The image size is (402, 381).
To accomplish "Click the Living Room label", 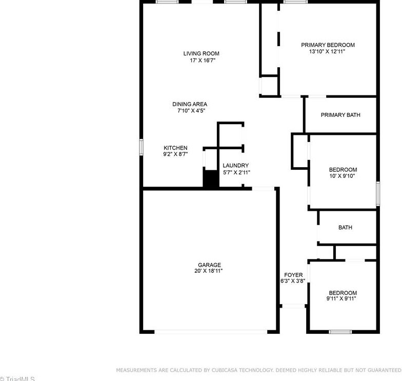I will tap(194, 53).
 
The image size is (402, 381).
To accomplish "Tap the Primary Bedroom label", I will tap(328, 45).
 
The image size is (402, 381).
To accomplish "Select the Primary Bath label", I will tap(340, 115).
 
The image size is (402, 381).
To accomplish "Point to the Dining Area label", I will tap(190, 104).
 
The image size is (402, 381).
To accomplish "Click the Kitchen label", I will tap(175, 148).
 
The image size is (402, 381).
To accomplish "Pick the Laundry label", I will tap(236, 166).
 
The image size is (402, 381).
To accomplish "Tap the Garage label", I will tap(209, 265).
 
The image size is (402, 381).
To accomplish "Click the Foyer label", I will tap(293, 275).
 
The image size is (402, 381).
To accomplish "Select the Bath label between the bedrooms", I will tap(345, 228).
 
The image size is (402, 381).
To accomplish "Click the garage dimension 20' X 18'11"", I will tap(209, 271).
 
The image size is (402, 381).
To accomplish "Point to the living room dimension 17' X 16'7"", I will tap(194, 60).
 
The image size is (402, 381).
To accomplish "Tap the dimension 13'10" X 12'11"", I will tap(328, 51).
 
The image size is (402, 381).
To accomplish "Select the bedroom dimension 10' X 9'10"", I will tap(343, 176).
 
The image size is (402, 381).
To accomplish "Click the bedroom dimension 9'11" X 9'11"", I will tap(341, 298).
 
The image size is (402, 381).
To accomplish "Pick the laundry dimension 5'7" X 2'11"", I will tap(236, 172).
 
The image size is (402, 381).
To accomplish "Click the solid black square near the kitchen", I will tap(211, 179).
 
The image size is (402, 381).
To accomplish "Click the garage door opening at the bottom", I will tap(211, 332).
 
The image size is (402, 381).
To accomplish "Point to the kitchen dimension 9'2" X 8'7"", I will tap(175, 154).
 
